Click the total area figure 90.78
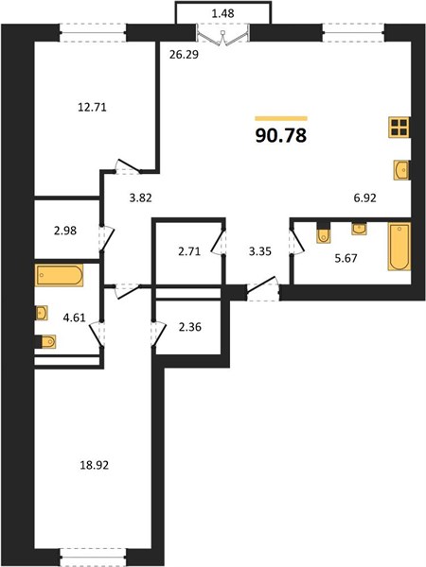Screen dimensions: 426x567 (281, 135)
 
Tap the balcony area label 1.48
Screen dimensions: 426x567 (222, 13)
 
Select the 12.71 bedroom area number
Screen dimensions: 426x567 (93, 108)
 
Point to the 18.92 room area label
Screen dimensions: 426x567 (94, 465)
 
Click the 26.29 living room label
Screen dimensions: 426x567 (184, 55)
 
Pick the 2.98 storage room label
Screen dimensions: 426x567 (65, 231)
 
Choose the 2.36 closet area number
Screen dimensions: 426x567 (190, 327)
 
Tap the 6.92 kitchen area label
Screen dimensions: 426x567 (364, 198)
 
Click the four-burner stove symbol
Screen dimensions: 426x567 (399, 128)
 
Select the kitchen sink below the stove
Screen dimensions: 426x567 (402, 170)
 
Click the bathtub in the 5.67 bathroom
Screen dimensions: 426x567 (399, 247)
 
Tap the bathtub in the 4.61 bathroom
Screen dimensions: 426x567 (59, 275)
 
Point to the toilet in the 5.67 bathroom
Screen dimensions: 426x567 (323, 233)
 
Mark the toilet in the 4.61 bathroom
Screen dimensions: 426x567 (46, 341)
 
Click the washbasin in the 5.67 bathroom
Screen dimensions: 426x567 (359, 229)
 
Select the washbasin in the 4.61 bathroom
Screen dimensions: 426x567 (42, 313)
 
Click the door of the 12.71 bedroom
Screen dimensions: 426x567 (128, 167)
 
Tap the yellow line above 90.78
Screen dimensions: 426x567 (281, 118)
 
